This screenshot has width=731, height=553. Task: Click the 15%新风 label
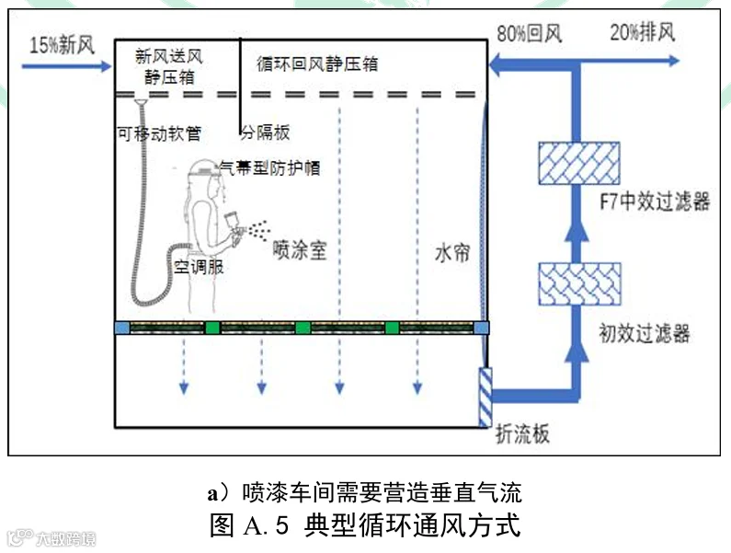62,46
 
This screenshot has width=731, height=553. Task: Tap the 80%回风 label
529,34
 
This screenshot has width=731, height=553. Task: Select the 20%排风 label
643,33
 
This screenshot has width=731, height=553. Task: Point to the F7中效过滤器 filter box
579,163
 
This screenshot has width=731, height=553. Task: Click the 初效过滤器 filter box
579,284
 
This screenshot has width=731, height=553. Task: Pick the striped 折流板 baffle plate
485,397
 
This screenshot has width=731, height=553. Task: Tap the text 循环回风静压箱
317,63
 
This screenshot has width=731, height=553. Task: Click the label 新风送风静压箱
169,66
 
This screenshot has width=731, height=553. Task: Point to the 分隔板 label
265,132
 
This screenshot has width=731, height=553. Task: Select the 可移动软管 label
159,134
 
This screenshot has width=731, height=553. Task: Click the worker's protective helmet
204,168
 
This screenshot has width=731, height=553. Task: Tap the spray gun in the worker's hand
234,227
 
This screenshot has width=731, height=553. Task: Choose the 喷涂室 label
300,250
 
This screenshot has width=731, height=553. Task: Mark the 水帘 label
451,254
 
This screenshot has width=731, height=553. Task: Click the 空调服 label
199,267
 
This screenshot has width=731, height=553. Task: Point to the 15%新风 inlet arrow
67,66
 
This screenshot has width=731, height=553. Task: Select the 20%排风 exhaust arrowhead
674,61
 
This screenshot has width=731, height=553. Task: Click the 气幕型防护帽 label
270,167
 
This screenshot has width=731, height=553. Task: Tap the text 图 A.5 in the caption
249,526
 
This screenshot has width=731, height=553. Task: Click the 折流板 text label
522,434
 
